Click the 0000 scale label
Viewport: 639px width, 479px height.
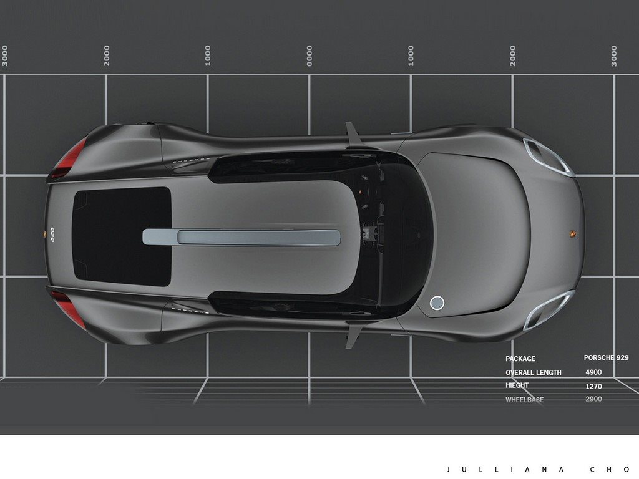(x=310, y=56)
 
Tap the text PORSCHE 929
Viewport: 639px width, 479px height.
(x=606, y=357)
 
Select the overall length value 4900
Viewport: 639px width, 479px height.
(x=593, y=372)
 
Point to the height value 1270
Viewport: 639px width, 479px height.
(x=594, y=386)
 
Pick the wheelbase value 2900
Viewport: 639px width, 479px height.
(x=594, y=399)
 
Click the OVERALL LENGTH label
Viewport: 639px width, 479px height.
(x=533, y=373)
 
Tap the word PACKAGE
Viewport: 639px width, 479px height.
(x=520, y=359)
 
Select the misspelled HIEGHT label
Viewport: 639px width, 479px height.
(x=517, y=385)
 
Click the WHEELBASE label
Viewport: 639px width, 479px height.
(x=524, y=400)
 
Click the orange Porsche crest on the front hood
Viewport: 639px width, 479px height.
(x=573, y=234)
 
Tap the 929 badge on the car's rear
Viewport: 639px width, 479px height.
(x=52, y=235)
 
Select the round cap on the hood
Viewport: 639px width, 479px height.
(x=437, y=302)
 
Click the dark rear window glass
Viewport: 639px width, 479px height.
(x=122, y=236)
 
